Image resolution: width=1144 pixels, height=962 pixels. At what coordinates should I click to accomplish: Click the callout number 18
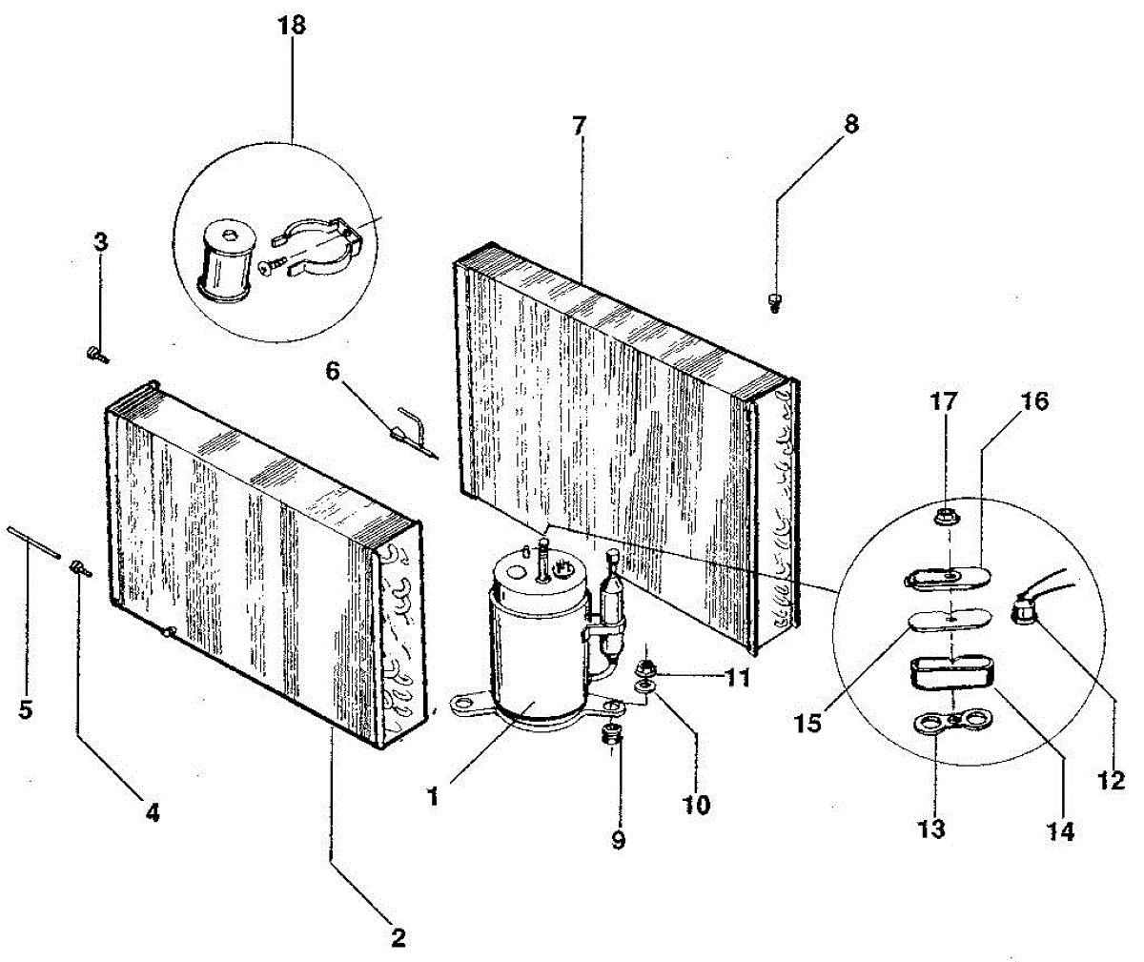coord(292,26)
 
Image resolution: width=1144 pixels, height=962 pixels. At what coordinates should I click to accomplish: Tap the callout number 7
coord(579,126)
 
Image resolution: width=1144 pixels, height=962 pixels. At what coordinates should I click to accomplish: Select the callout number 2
coord(398,937)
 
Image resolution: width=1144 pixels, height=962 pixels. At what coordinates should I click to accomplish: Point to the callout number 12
coord(1111,780)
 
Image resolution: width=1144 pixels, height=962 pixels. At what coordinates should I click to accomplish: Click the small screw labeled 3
coord(97,355)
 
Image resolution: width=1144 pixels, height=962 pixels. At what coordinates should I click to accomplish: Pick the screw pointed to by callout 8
coord(774,302)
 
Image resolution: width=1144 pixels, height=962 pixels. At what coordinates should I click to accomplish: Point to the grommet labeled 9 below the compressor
coord(611,732)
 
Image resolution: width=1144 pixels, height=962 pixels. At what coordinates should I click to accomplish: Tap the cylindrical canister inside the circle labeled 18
coord(228,264)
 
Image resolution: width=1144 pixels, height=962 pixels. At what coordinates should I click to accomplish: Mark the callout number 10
coord(696,805)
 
